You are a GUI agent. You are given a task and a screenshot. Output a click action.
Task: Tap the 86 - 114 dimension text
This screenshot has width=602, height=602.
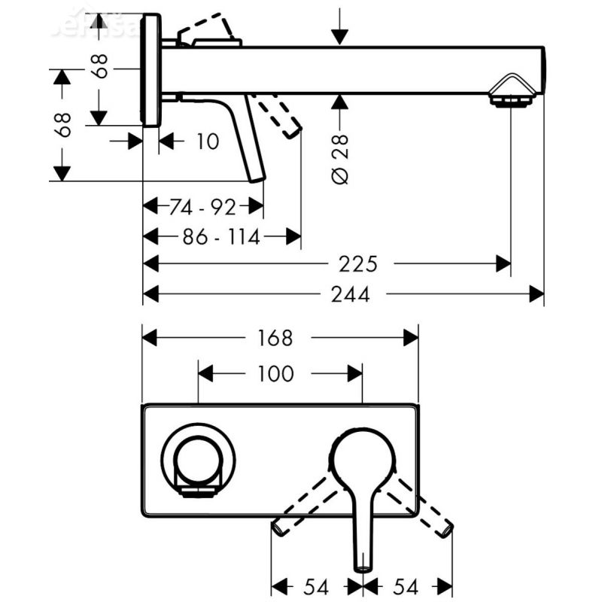pyautogui.click(x=221, y=238)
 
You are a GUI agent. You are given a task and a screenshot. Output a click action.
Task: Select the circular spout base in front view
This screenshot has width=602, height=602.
pyautogui.click(x=198, y=461)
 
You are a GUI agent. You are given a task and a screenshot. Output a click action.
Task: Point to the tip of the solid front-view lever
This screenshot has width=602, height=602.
pyautogui.click(x=363, y=564)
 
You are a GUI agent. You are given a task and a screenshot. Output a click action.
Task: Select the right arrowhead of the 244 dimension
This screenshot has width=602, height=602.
pyautogui.click(x=536, y=294)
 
